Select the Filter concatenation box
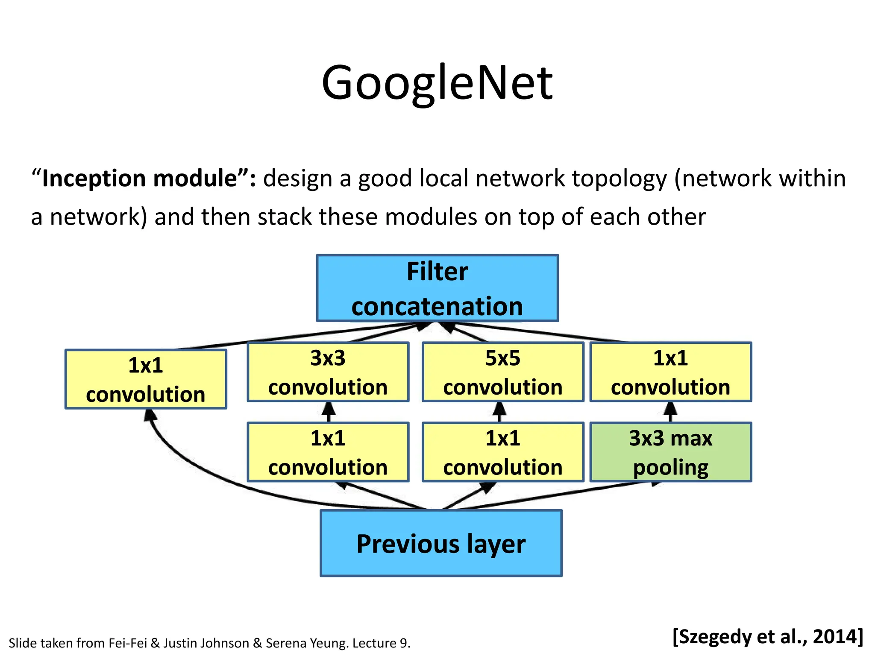437,288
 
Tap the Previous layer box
441,543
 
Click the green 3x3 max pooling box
670,452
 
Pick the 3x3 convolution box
328,372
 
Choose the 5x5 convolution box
503,372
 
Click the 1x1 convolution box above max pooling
670,372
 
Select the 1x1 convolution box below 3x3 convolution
328,452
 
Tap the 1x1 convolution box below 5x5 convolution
503,452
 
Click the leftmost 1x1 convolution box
146,379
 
